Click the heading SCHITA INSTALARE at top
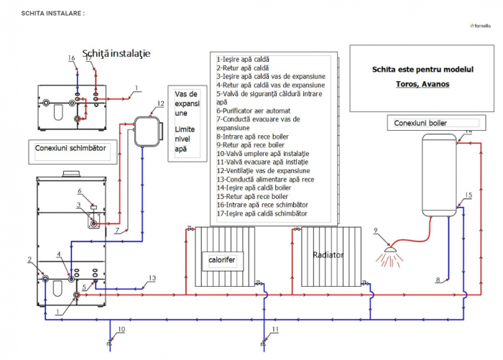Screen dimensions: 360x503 point(52,13)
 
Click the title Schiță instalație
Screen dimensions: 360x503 point(116,53)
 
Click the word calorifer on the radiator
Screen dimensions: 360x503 point(222,259)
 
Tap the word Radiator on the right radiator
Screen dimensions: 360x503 point(329,255)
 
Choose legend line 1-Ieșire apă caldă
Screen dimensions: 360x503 point(242,60)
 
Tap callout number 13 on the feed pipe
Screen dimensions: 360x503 point(152,277)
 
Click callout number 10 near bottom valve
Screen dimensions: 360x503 point(121,329)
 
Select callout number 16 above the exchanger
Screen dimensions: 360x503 point(71,57)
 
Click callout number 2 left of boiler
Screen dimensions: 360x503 point(30,259)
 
